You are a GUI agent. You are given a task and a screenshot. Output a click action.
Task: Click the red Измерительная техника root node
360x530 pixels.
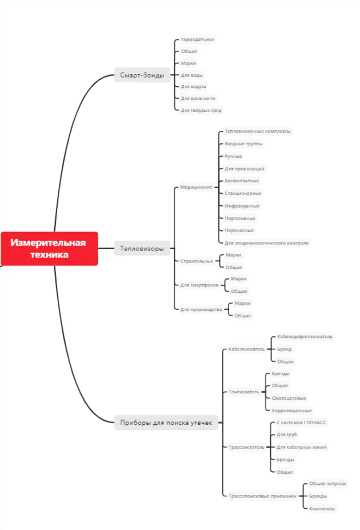pyautogui.click(x=49, y=249)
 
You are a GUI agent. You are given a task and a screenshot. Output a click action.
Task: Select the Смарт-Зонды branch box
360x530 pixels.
pyautogui.click(x=142, y=75)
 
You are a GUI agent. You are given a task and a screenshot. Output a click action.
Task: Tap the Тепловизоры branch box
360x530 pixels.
pyautogui.click(x=142, y=249)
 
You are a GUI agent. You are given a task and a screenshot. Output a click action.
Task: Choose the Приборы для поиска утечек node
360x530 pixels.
pyautogui.click(x=166, y=423)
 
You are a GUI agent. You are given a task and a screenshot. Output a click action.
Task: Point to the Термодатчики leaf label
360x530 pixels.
pyautogui.click(x=197, y=39)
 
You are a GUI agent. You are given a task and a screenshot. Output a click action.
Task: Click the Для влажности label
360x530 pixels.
pyautogui.click(x=198, y=98)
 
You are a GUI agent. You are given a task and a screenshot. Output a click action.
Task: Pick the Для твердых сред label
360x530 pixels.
pyautogui.click(x=201, y=110)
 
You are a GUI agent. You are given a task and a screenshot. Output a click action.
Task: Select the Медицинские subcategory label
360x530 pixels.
pyautogui.click(x=196, y=187)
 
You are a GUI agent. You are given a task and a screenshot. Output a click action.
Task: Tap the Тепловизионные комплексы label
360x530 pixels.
pyautogui.click(x=258, y=131)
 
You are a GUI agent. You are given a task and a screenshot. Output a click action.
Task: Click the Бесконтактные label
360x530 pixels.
pyautogui.click(x=242, y=181)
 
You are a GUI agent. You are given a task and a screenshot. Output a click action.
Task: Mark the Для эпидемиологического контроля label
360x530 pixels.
pyautogui.click(x=266, y=242)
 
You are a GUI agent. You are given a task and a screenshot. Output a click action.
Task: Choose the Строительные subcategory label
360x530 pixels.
pyautogui.click(x=197, y=261)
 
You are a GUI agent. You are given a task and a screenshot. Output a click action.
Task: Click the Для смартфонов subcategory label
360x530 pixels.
pyautogui.click(x=199, y=285)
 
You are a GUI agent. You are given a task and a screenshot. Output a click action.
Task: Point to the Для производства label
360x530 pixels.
pyautogui.click(x=201, y=309)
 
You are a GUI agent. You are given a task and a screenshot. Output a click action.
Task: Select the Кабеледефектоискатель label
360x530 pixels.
pyautogui.click(x=305, y=337)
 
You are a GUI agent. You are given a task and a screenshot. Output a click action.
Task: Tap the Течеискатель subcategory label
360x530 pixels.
pyautogui.click(x=244, y=392)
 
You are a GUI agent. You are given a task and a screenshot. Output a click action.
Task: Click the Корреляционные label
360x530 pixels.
pyautogui.click(x=292, y=411)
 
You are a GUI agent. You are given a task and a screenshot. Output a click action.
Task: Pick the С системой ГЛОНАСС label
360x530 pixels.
pyautogui.click(x=301, y=423)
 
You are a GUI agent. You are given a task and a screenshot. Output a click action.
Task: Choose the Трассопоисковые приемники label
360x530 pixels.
pyautogui.click(x=262, y=496)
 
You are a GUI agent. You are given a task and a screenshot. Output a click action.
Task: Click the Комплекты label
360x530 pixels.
pyautogui.click(x=322, y=508)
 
